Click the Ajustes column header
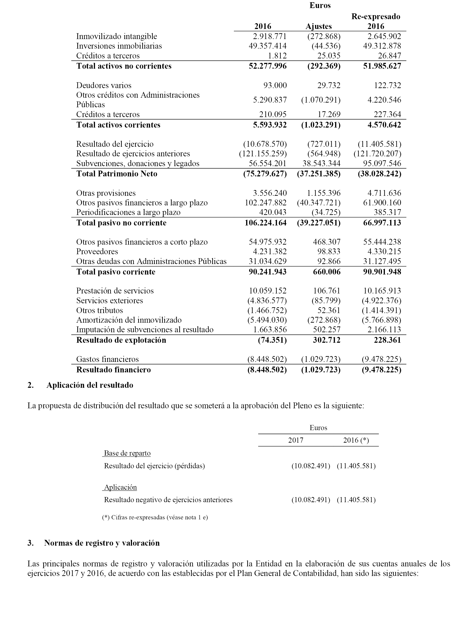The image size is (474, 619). (319, 26)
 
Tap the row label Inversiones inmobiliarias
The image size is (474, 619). (119, 46)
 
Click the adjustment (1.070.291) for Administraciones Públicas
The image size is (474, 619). (321, 100)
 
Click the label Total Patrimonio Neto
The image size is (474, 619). (117, 174)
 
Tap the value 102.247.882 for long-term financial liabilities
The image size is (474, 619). (266, 202)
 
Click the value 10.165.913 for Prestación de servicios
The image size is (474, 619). (382, 291)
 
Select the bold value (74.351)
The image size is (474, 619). (272, 340)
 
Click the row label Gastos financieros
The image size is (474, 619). (107, 359)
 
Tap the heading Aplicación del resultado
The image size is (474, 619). (89, 385)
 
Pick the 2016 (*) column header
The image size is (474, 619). (356, 440)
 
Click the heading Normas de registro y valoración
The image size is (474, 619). (102, 543)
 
